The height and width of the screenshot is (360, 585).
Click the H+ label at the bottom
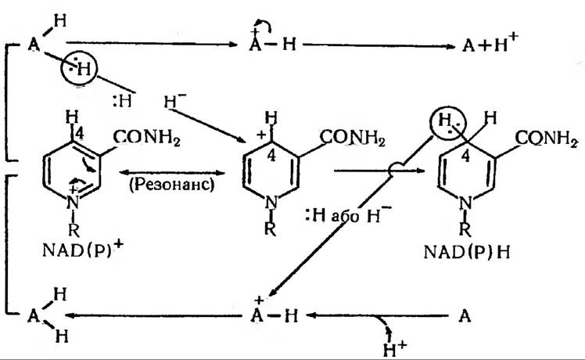coord(383,345)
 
